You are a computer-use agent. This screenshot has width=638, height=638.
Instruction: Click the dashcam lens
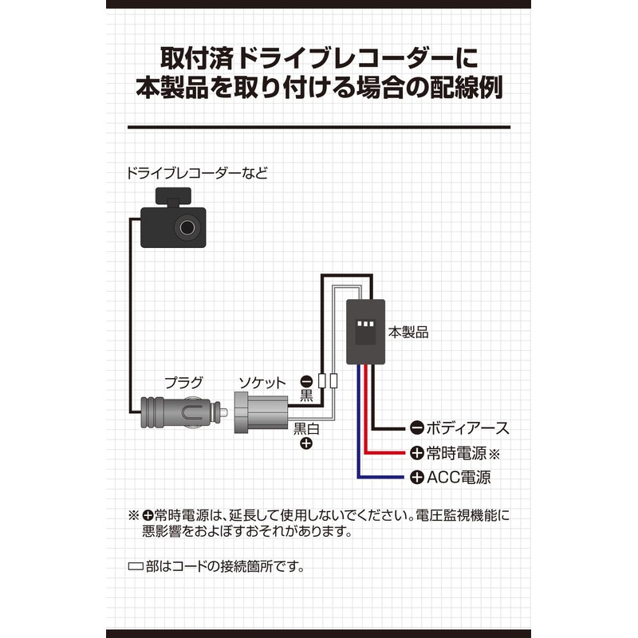189,228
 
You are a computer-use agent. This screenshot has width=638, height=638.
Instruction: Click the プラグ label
183,381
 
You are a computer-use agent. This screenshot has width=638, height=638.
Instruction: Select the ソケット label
261,381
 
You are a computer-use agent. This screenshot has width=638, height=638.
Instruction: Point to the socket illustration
260,415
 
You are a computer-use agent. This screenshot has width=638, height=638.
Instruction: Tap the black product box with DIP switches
366,330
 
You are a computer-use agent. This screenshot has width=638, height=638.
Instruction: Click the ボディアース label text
467,428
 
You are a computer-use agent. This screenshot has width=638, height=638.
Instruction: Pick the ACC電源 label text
459,478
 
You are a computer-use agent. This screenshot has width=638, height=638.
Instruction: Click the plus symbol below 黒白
305,444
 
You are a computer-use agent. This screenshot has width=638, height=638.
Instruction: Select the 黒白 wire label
306,428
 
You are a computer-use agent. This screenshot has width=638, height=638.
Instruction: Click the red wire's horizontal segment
387,452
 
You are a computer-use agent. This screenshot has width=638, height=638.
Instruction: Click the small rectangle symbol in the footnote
135,568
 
